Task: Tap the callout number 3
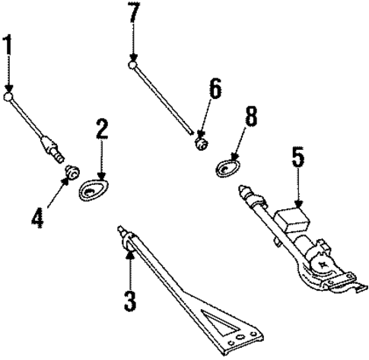coord(130,299)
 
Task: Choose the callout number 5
coord(297,159)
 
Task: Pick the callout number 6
coord(215,91)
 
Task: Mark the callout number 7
coord(134,14)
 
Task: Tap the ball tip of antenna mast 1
coord(9,97)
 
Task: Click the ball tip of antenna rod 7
coord(133,66)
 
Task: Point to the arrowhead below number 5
coord(299,203)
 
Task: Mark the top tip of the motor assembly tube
coord(243,188)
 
